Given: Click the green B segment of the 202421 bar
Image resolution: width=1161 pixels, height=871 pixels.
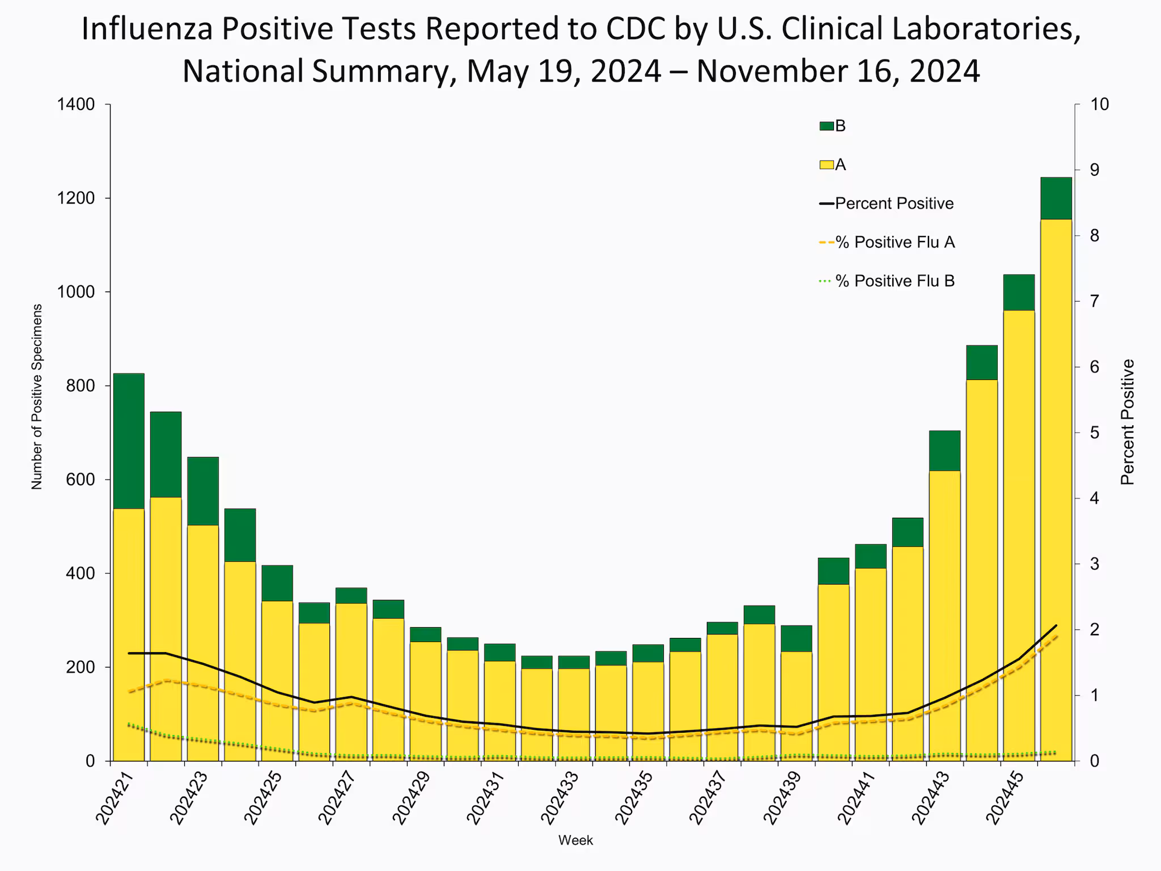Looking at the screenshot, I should point(129,441).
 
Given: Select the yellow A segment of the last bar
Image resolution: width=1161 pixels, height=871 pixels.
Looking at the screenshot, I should point(1056,488).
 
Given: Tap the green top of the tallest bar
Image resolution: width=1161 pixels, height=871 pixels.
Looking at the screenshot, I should point(1056,198).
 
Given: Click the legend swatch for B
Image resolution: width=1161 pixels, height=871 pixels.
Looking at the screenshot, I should point(827,126).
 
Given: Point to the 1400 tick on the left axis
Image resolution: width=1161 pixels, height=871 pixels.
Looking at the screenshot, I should point(83,104).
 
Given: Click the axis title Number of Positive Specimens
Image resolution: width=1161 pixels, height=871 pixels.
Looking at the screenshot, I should point(36,397).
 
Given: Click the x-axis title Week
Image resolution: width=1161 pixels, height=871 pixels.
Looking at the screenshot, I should point(575,840).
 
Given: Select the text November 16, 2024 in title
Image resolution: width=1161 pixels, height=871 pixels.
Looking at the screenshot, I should point(838,71).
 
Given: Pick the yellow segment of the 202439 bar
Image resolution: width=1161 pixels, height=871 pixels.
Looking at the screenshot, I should point(796,705).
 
